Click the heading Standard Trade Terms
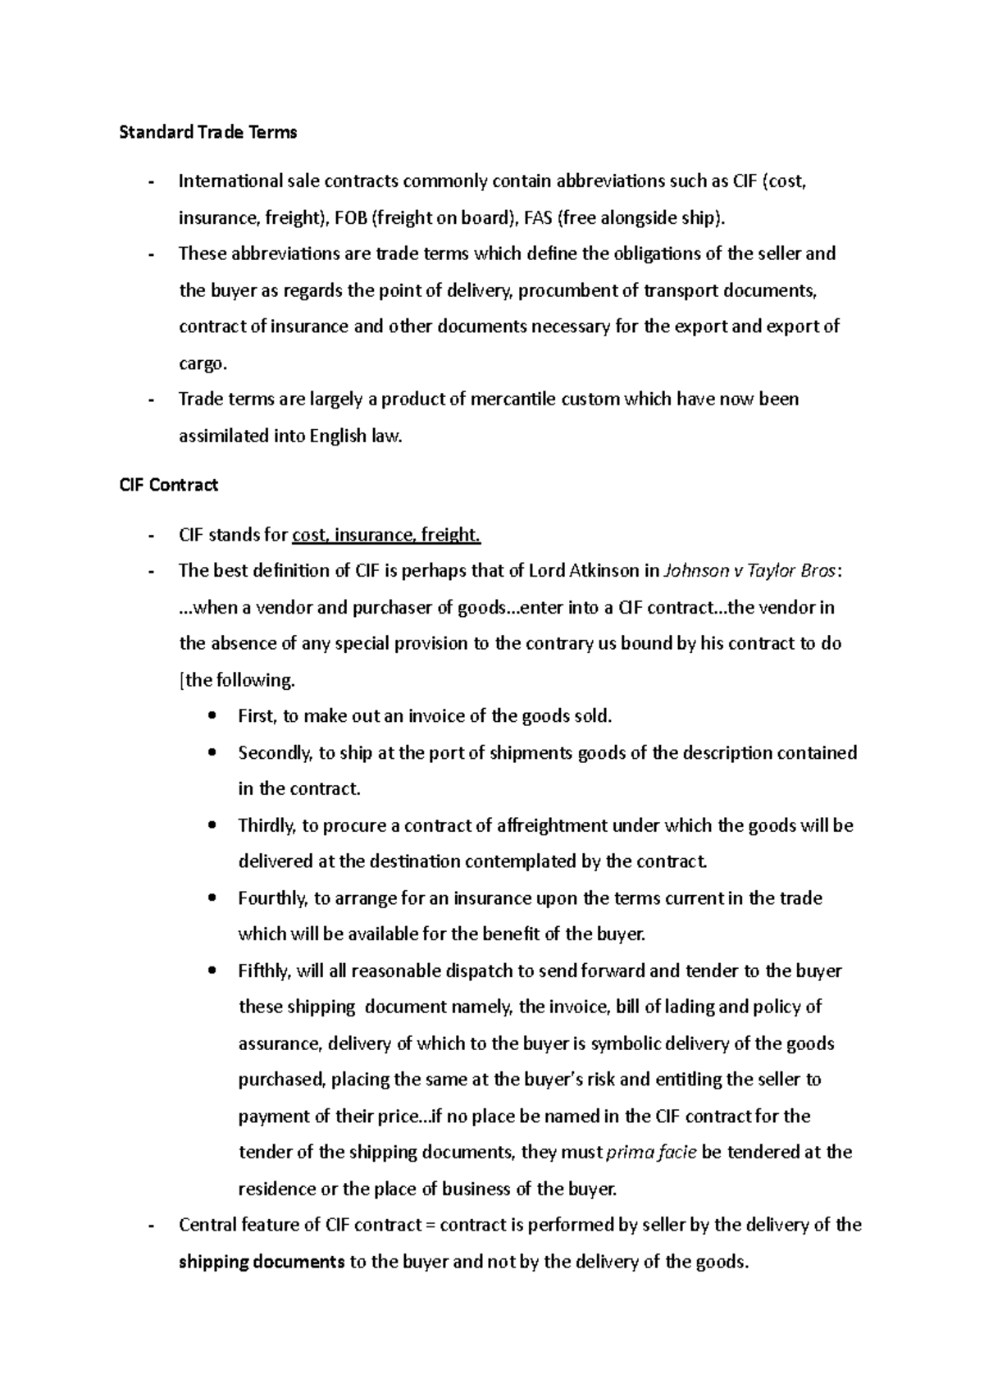pyautogui.click(x=207, y=132)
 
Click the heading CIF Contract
pyautogui.click(x=168, y=485)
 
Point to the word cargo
pyautogui.click(x=202, y=363)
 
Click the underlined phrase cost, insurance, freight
pyautogui.click(x=386, y=535)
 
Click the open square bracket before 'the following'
pyautogui.click(x=182, y=680)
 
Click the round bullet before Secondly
pyautogui.click(x=213, y=753)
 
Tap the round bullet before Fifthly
pyautogui.click(x=213, y=971)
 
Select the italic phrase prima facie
pyautogui.click(x=651, y=1153)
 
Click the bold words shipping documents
pyautogui.click(x=262, y=1262)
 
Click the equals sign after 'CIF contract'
pyautogui.click(x=431, y=1226)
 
